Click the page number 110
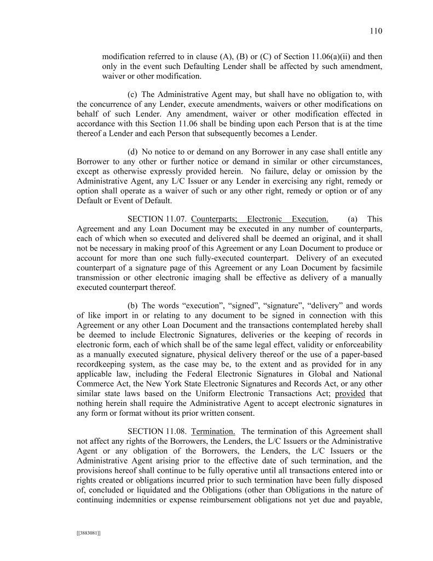[376, 31]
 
